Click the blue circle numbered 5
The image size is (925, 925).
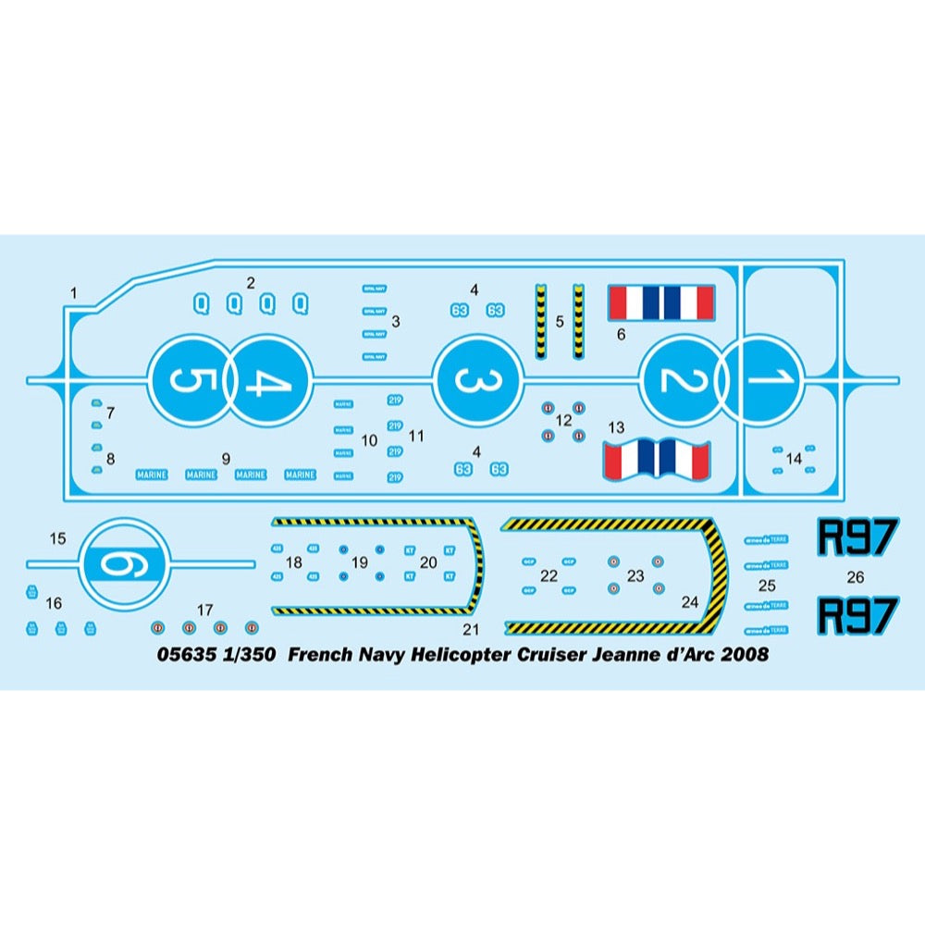pyautogui.click(x=189, y=380)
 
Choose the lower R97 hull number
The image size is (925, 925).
pyautogui.click(x=858, y=615)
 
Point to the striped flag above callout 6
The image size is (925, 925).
pyautogui.click(x=660, y=301)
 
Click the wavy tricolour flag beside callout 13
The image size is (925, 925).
pyautogui.click(x=656, y=459)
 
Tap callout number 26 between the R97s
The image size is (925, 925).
pyautogui.click(x=856, y=576)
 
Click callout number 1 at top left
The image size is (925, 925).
pyautogui.click(x=75, y=293)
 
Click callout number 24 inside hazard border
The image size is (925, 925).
pyautogui.click(x=690, y=601)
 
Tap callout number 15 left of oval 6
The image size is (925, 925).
pyautogui.click(x=58, y=537)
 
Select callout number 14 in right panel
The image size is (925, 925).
pyautogui.click(x=794, y=459)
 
